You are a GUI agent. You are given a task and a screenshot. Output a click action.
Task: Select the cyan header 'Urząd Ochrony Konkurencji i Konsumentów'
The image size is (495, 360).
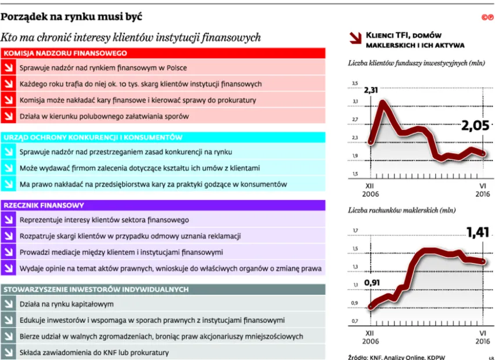point(93,138)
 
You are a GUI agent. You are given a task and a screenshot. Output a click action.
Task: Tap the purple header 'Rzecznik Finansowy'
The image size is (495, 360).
point(44,206)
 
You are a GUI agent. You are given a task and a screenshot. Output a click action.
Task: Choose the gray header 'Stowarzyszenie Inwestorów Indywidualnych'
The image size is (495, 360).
point(96,289)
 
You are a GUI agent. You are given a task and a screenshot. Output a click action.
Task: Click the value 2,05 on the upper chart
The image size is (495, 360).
point(476,126)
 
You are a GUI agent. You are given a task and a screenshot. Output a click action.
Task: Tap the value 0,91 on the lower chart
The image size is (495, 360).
point(375,283)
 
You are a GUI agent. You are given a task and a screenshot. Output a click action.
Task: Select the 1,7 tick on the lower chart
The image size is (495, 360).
point(355,231)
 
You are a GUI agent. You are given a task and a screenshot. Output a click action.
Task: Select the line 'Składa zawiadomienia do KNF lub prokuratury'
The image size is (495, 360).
point(94,352)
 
